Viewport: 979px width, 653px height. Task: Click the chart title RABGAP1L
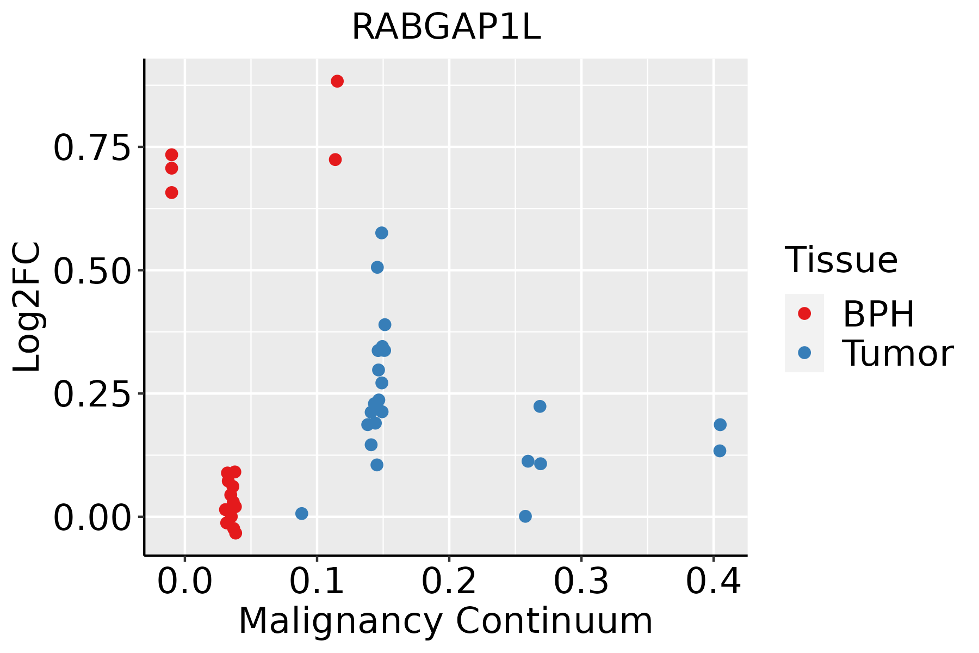446,27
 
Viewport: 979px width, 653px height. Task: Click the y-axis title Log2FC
27,307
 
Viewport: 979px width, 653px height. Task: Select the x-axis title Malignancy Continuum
445,621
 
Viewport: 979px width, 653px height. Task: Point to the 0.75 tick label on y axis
92,148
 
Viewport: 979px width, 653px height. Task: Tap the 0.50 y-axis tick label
92,271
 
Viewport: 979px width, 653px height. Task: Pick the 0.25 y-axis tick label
92,395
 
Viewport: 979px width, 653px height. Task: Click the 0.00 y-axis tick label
92,518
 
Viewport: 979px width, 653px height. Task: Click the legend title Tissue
841,260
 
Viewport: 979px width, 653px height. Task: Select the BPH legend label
878,314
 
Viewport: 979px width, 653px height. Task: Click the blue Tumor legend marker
804,353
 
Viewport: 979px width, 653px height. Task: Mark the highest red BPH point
337,82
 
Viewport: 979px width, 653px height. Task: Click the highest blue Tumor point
382,233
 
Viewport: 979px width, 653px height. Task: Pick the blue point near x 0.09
302,514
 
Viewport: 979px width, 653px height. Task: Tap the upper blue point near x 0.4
720,425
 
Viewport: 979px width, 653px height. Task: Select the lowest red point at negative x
172,193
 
